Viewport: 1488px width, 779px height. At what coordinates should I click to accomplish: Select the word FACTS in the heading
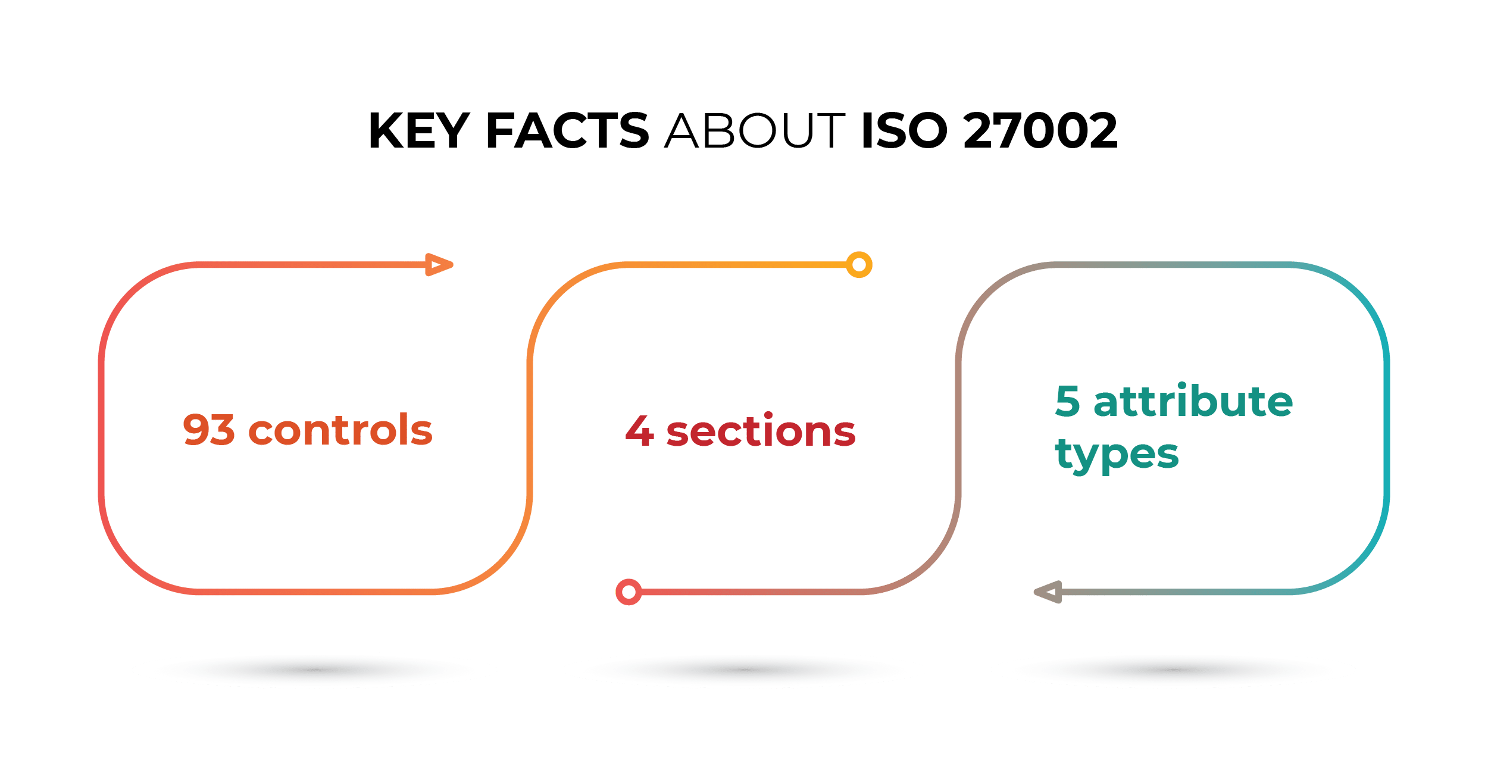tap(567, 130)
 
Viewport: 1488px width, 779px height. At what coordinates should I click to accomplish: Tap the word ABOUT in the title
tap(755, 130)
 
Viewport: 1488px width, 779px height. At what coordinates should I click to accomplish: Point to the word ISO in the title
tap(904, 130)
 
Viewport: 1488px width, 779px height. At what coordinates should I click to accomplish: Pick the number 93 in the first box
tap(208, 430)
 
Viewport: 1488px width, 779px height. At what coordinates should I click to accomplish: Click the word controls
tap(340, 430)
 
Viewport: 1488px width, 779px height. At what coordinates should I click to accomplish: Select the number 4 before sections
tap(640, 431)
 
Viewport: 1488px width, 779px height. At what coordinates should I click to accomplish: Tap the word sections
tap(761, 431)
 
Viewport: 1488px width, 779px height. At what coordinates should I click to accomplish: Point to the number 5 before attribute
tap(1068, 401)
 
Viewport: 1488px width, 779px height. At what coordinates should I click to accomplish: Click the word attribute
tap(1193, 401)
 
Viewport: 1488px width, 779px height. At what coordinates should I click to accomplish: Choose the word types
tap(1117, 455)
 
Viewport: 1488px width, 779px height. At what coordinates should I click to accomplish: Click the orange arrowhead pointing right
tap(439, 265)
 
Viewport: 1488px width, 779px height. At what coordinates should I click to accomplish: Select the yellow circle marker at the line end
tap(859, 265)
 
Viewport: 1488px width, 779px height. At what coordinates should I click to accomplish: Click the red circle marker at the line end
tap(629, 592)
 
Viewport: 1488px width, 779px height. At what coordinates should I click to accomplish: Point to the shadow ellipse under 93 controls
tap(314, 670)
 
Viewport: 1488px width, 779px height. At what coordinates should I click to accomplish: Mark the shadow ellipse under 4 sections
tap(744, 670)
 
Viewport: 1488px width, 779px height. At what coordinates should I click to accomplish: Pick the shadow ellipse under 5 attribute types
tap(1173, 670)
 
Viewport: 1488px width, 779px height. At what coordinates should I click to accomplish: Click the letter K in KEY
tap(386, 130)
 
